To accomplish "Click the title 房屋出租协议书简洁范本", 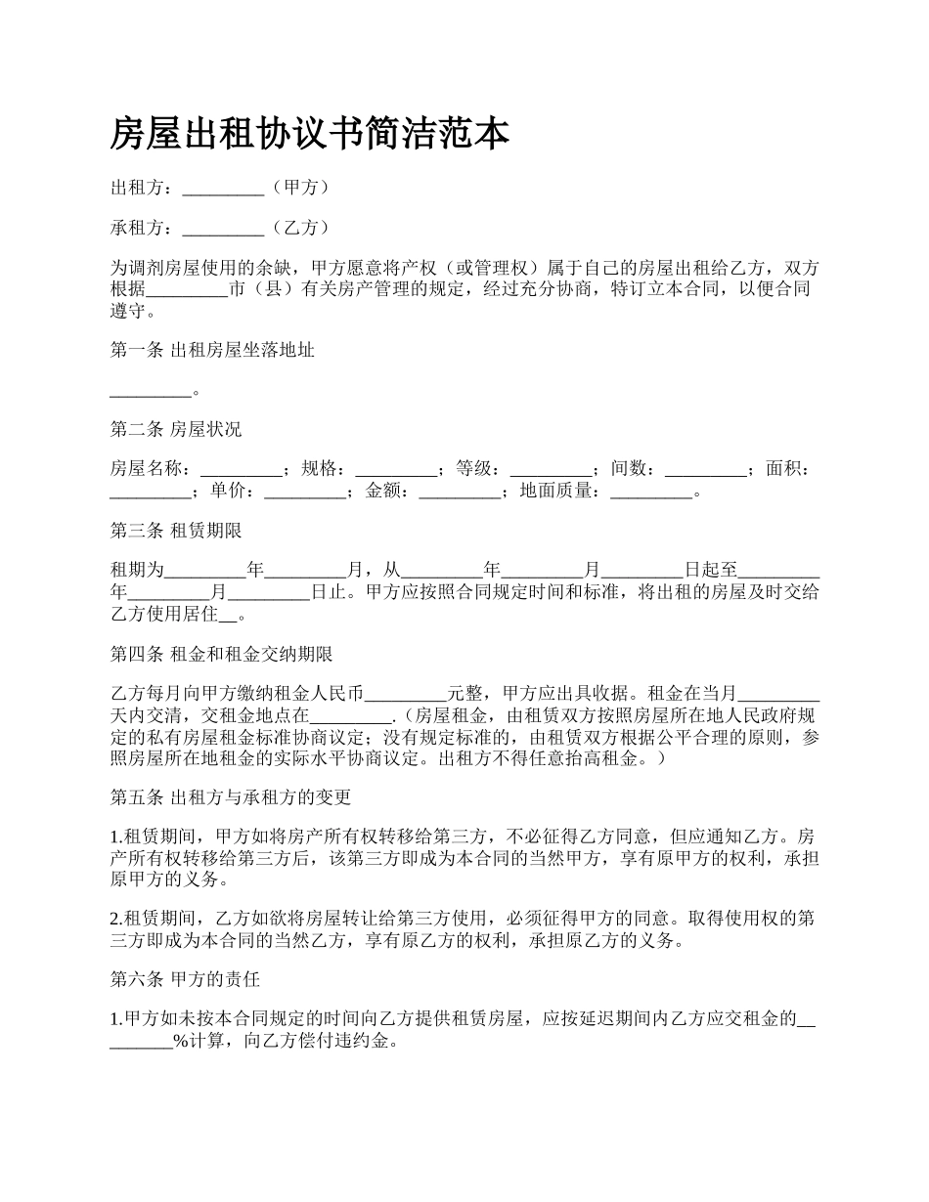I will point(310,134).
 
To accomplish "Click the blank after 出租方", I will point(223,188).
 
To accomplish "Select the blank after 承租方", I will point(223,229).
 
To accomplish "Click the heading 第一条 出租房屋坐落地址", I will point(212,350).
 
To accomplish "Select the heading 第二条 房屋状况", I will point(176,429).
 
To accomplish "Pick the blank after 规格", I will point(396,470).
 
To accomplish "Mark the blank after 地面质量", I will point(651,492).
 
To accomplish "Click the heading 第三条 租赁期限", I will point(176,532).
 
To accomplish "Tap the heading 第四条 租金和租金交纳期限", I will point(222,654).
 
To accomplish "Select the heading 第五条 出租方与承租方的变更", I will point(231,796).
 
